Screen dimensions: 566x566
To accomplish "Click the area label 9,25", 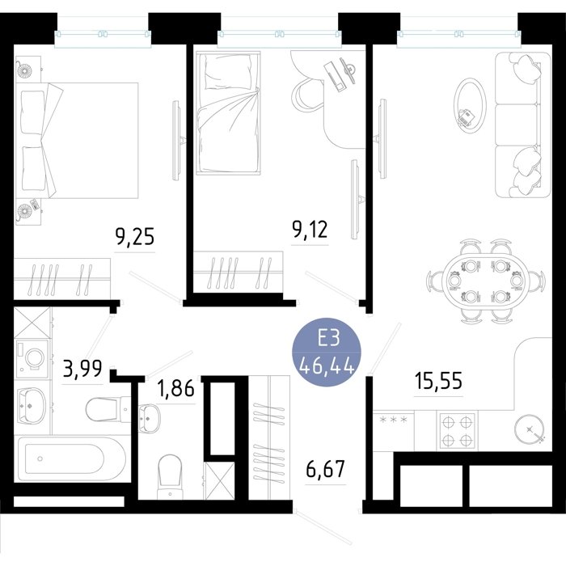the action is tap(135, 237).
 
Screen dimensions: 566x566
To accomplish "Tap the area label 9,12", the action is tap(310, 230).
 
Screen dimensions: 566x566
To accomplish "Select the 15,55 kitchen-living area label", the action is tap(438, 381).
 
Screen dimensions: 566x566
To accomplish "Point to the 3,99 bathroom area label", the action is tap(82, 369).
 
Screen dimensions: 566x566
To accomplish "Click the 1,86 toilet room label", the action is tap(175, 388).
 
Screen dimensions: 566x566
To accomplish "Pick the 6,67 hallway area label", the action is tap(325, 468).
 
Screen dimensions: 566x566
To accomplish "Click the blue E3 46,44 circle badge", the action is tap(327, 352).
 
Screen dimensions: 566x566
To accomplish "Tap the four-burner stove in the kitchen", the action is tap(457, 431).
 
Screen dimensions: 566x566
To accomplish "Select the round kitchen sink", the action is tap(529, 429).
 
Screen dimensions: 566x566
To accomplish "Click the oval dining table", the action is tap(485, 282).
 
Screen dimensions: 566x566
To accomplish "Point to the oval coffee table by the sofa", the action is tap(470, 103).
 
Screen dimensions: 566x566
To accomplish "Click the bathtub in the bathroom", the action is tap(72, 458).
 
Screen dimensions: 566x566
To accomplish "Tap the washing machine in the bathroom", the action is tap(32, 359).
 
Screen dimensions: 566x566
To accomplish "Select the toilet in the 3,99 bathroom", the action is tap(108, 409).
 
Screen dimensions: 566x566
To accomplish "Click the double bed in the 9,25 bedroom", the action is tap(77, 141).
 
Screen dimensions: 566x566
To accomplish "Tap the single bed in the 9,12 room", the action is tap(228, 113).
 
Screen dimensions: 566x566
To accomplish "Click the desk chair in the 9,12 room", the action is tap(307, 95).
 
